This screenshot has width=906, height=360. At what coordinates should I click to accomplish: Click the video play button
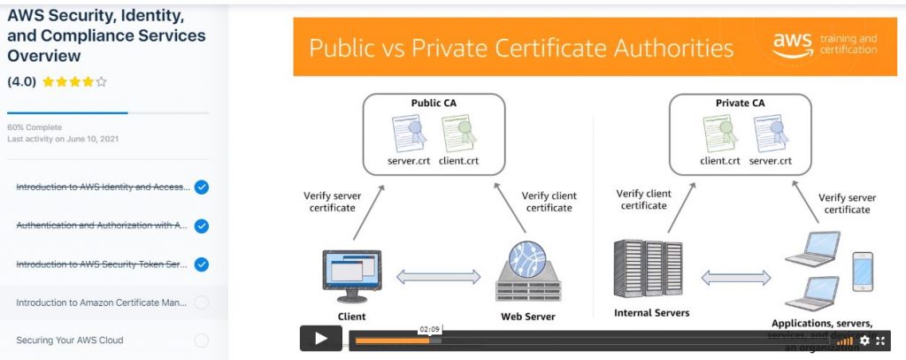coord(320,339)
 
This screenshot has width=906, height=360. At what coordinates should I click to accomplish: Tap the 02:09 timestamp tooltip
coord(429,329)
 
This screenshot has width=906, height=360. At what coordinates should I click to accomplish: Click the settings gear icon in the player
coord(864,341)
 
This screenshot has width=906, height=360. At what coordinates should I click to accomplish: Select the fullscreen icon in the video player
coord(880,341)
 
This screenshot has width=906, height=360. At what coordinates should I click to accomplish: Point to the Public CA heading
coord(434,103)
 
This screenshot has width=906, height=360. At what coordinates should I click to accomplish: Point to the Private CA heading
coord(739,103)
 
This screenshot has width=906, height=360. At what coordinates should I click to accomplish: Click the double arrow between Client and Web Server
coord(438,278)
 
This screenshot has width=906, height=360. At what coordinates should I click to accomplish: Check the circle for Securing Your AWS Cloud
coord(201,341)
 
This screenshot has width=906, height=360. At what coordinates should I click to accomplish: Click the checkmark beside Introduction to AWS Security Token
coord(201,264)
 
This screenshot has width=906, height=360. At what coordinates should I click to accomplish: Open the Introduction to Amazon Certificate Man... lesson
coord(101,303)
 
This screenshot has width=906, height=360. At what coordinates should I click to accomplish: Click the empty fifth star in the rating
coord(102,82)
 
